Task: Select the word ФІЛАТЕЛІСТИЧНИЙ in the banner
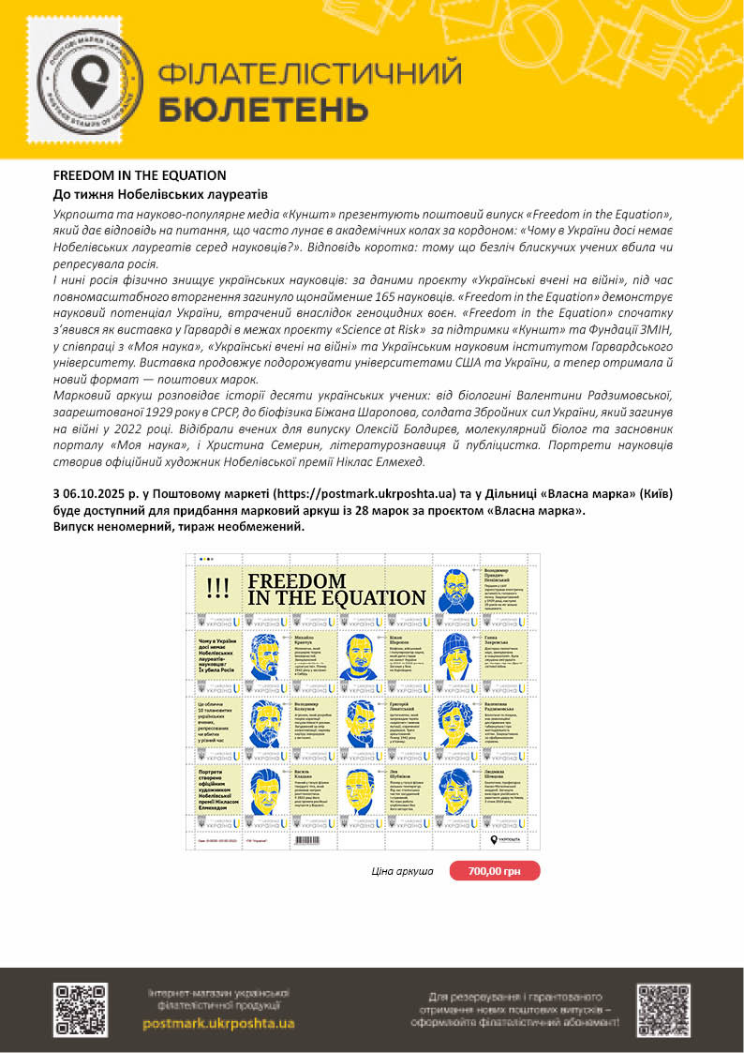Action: (309, 73)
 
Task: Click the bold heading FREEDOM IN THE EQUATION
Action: (140, 175)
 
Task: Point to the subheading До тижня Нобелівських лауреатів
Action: (160, 194)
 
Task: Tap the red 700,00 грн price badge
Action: (495, 871)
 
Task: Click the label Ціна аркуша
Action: (403, 871)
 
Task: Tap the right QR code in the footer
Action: (663, 1009)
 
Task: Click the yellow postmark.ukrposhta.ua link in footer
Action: (218, 1023)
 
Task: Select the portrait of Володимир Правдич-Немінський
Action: (454, 588)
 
